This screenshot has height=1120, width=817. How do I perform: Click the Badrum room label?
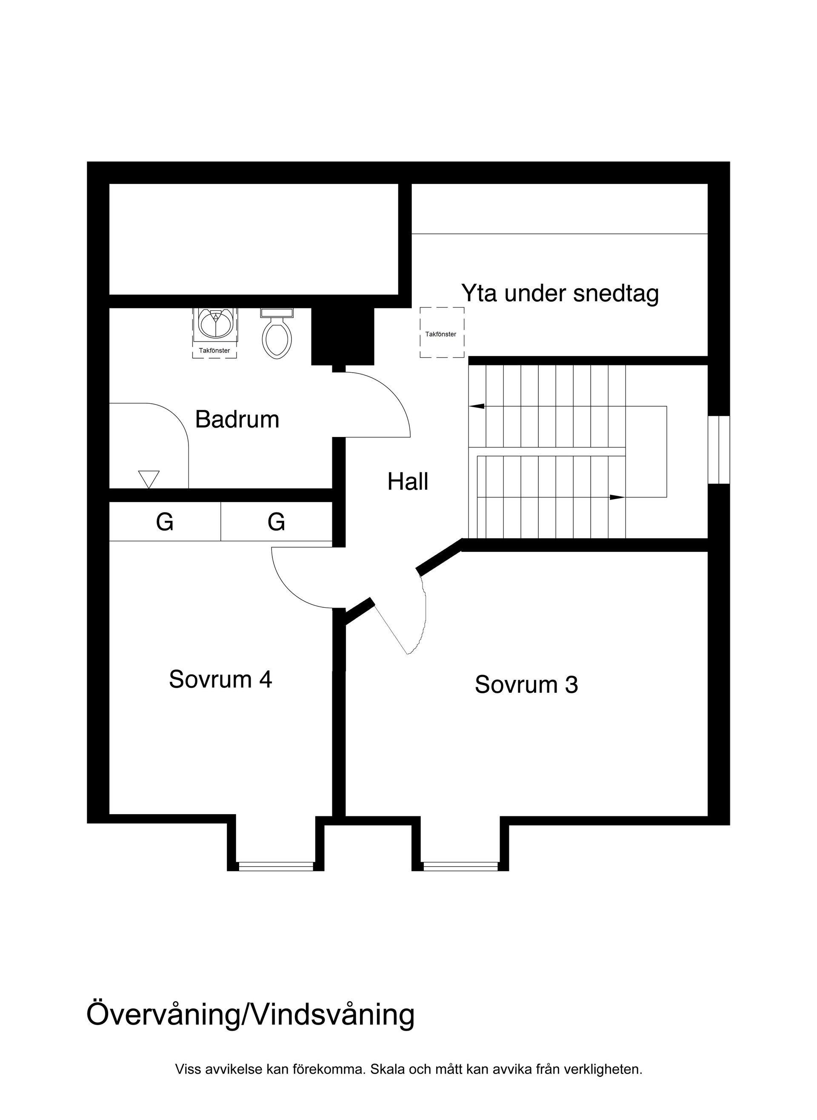tap(237, 420)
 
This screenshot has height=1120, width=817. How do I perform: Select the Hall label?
tap(408, 482)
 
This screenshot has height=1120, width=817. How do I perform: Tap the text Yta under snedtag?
tap(560, 293)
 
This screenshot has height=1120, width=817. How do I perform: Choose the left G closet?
tap(165, 522)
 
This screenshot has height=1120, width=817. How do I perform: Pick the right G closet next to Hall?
tap(276, 522)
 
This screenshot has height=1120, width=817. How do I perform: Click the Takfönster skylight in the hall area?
tap(442, 333)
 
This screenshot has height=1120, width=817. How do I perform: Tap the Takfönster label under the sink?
tap(214, 351)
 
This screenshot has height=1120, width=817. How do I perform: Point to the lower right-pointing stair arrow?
tap(617, 497)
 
